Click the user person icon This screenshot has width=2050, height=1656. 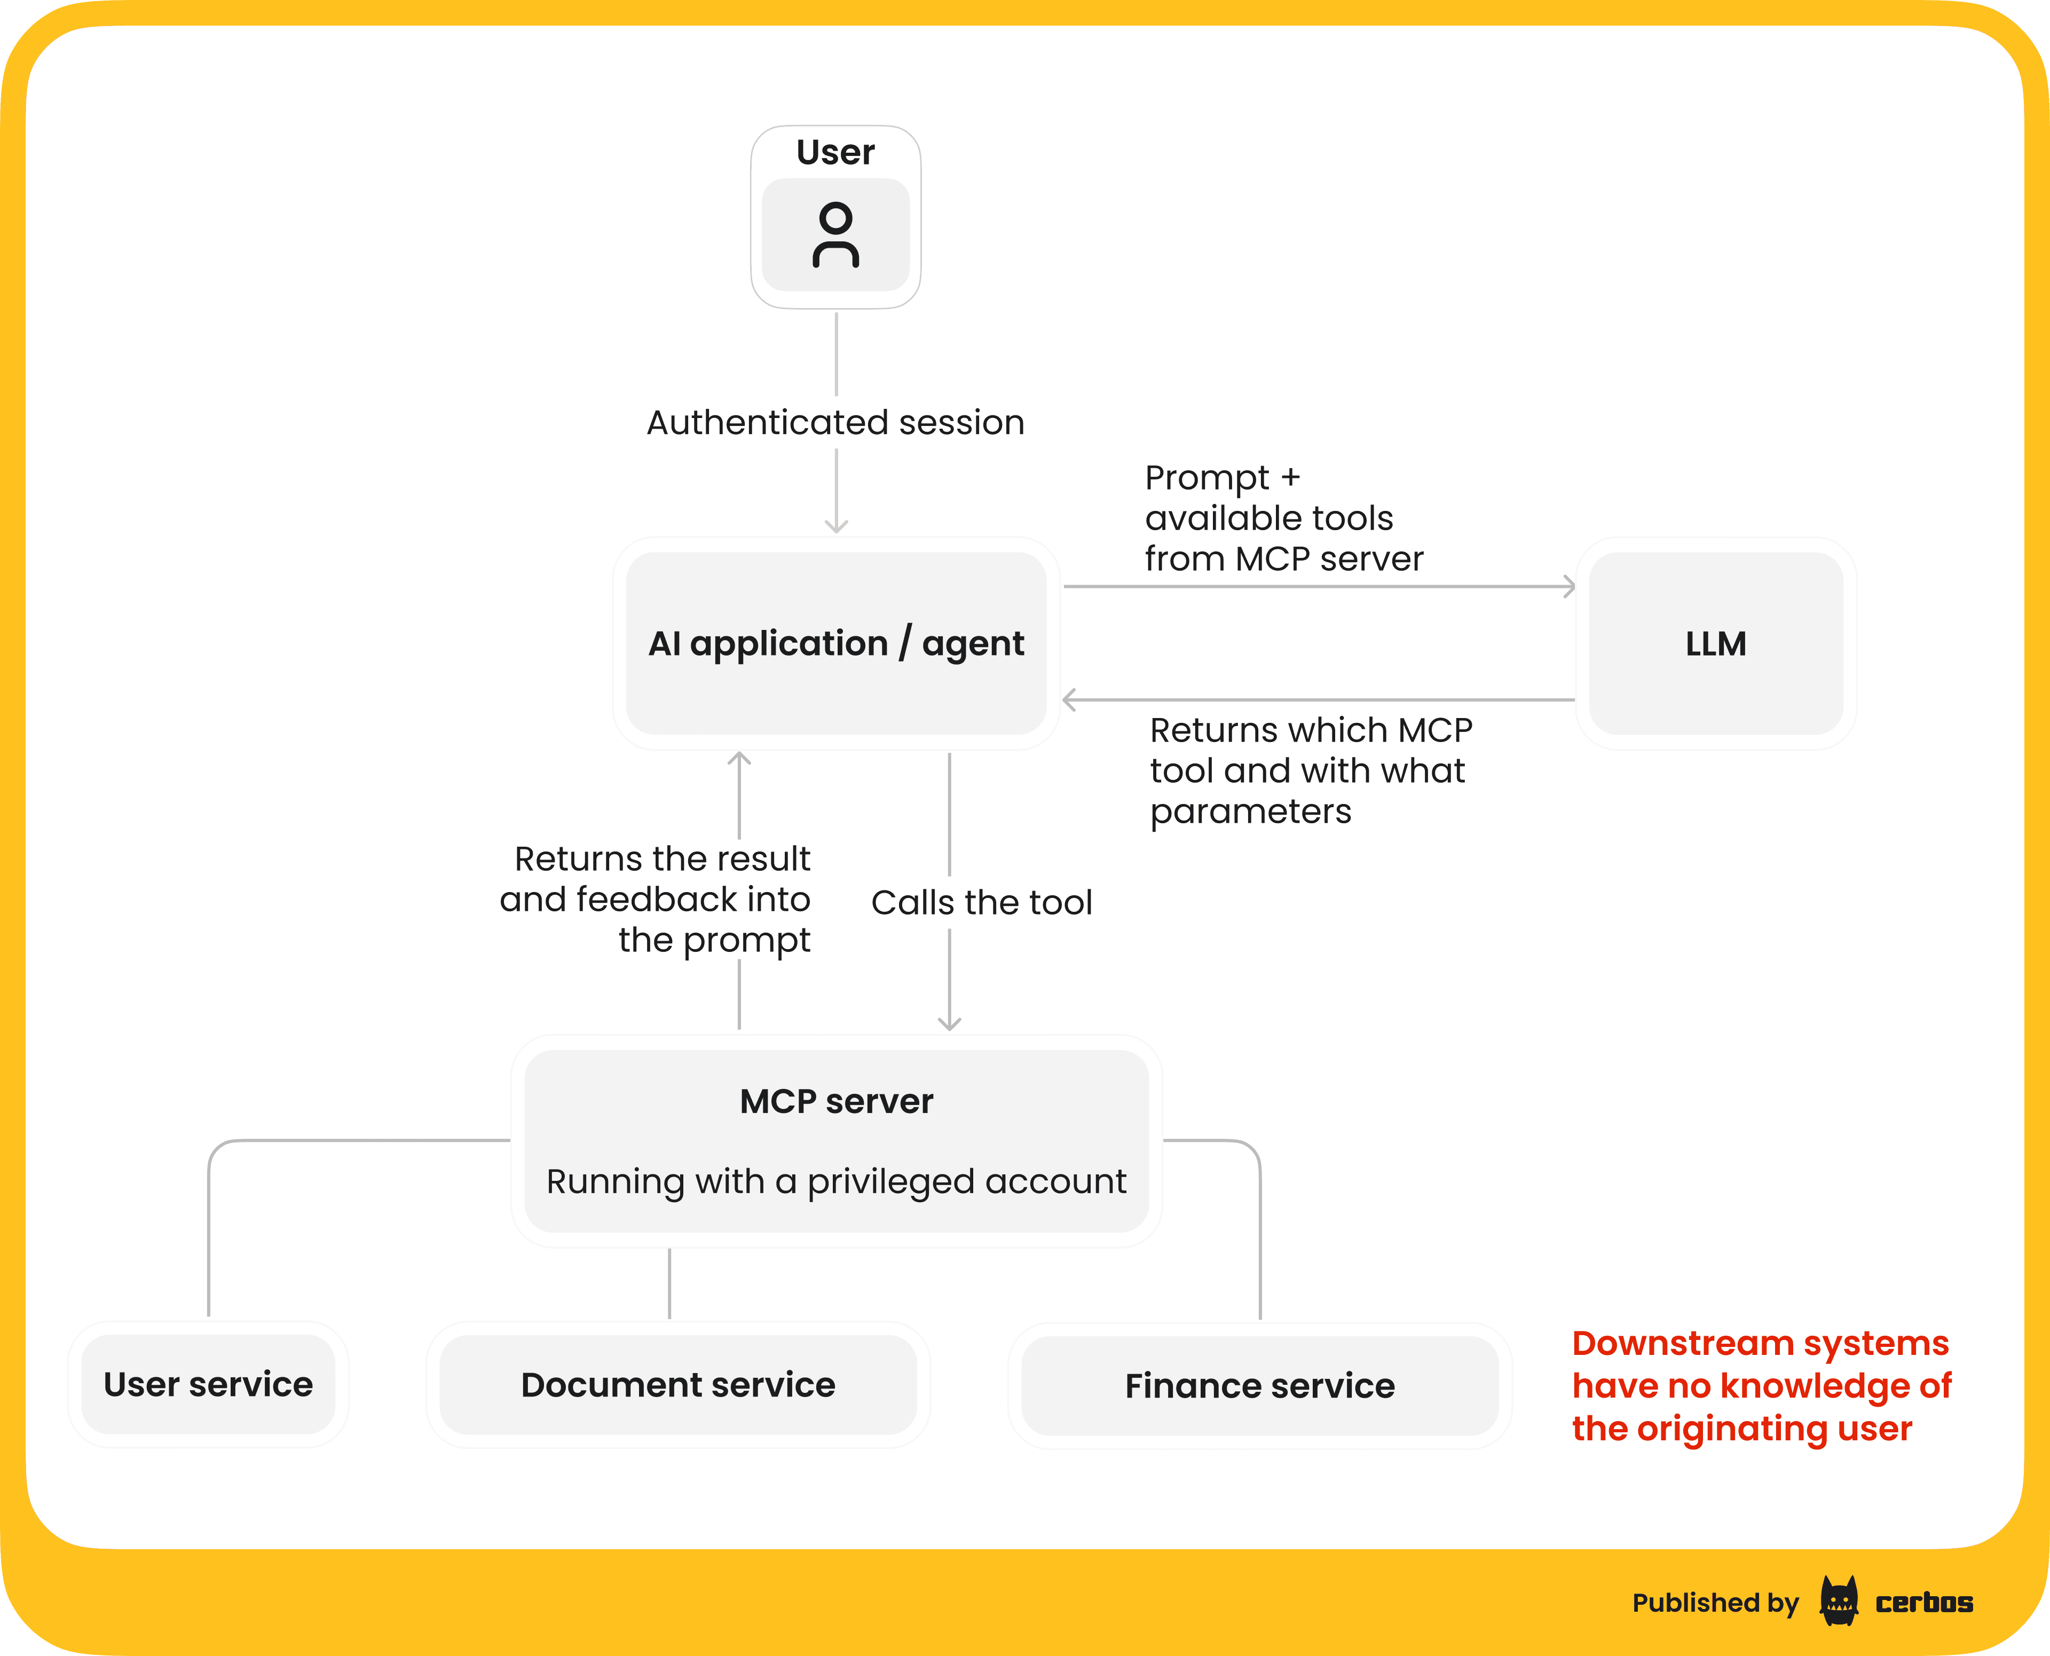pos(835,235)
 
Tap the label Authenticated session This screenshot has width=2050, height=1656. pos(835,423)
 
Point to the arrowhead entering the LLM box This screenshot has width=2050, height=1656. pos(1569,587)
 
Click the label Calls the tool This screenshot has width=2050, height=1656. pos(982,902)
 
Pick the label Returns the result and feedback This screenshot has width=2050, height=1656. pos(656,900)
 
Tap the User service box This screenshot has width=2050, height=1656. pos(208,1384)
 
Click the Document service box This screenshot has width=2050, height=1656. pos(677,1384)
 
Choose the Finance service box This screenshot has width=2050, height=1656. pos(1259,1385)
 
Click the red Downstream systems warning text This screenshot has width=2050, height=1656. pos(1761,1385)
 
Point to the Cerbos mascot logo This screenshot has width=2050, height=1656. pos(1838,1602)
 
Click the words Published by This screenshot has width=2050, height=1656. pos(1714,1603)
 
